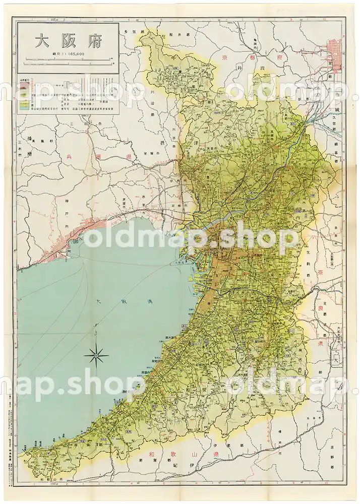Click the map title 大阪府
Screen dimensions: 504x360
coord(68,41)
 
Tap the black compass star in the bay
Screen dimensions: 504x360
coord(96,357)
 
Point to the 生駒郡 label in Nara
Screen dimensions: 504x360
coord(306,262)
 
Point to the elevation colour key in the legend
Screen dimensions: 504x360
coord(23,101)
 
